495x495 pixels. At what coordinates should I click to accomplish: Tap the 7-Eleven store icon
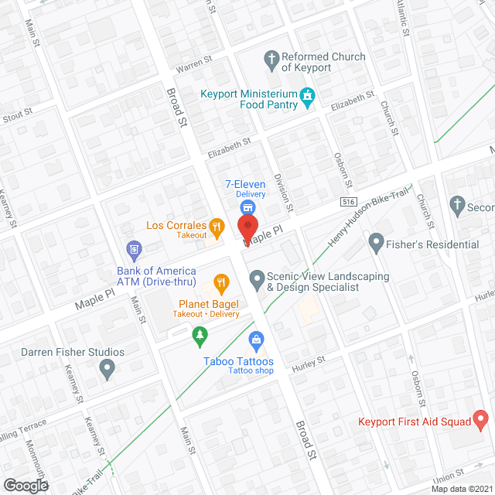pos(247,207)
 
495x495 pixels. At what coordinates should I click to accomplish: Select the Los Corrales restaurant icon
pos(217,227)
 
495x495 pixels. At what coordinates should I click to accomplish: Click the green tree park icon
pos(200,334)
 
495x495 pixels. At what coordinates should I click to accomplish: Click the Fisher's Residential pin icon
pos(377,244)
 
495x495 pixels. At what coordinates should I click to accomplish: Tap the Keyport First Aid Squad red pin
pos(480,422)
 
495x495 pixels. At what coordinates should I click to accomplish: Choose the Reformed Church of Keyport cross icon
pos(271,57)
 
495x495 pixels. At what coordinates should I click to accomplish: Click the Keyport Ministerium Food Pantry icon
pos(308,97)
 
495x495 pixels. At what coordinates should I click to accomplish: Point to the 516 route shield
pos(348,201)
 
